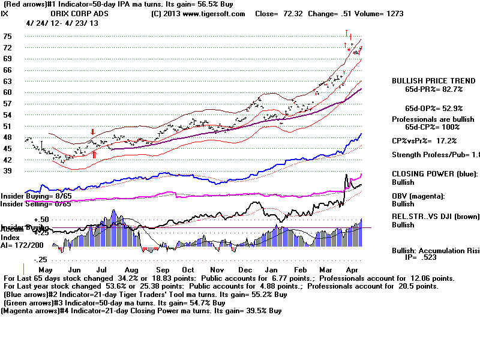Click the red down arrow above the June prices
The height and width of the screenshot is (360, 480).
[92, 131]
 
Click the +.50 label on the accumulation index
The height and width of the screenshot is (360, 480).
[24, 220]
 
